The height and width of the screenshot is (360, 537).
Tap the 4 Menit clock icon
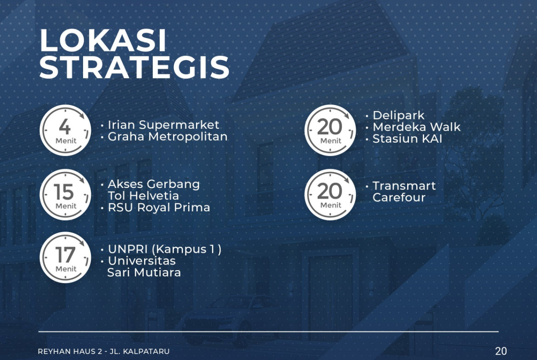66,130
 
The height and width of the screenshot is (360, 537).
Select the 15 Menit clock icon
66,195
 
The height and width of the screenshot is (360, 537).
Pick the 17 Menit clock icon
66,258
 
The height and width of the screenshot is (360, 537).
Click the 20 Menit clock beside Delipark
330,130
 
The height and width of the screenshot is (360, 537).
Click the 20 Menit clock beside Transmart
330,195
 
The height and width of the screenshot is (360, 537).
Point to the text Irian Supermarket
164,125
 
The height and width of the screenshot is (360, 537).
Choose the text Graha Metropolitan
168,137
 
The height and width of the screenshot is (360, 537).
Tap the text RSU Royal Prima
159,207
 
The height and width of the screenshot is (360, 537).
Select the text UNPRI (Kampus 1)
165,249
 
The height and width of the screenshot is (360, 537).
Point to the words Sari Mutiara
144,272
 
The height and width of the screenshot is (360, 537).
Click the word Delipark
399,116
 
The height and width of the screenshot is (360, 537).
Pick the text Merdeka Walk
416,127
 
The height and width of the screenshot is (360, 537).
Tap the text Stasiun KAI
408,138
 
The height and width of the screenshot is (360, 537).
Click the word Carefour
399,198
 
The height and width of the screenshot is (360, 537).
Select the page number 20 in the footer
501,351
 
